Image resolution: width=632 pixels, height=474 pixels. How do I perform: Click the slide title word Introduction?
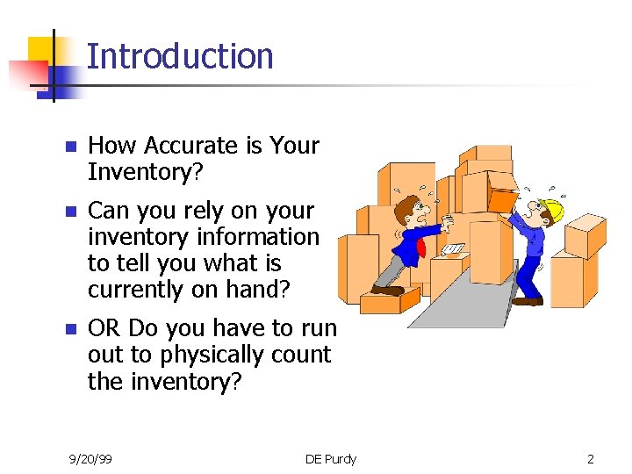(x=180, y=56)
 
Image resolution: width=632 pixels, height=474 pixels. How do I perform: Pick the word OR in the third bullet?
(x=104, y=328)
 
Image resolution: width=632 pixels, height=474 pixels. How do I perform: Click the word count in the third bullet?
(x=301, y=355)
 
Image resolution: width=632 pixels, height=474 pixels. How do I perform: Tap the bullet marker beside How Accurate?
(x=70, y=147)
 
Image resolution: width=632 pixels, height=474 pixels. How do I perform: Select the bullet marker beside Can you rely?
(x=70, y=212)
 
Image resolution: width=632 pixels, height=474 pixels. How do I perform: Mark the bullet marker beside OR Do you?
(x=70, y=330)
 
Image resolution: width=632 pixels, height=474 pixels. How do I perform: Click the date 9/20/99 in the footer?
(x=90, y=459)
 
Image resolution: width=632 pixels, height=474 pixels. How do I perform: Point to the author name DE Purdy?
(x=330, y=459)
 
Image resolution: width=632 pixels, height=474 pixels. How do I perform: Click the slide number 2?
(x=591, y=459)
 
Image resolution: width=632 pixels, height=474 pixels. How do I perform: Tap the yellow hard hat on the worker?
(x=551, y=210)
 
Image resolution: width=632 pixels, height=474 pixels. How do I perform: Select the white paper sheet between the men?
(x=453, y=250)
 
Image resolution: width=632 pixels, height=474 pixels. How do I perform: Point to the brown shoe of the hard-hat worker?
(x=527, y=301)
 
